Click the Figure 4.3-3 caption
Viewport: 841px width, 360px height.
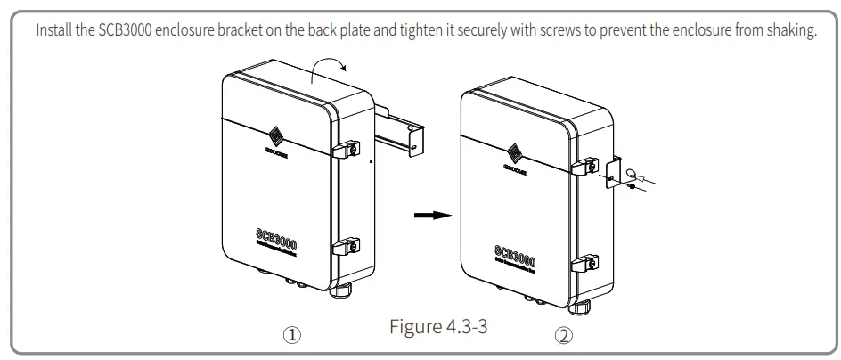pos(438,326)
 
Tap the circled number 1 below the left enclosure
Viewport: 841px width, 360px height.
pos(291,336)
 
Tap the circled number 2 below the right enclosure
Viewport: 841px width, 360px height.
pos(563,336)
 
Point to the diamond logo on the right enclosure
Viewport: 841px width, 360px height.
pos(516,152)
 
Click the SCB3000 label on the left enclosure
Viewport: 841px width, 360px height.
pos(270,241)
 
